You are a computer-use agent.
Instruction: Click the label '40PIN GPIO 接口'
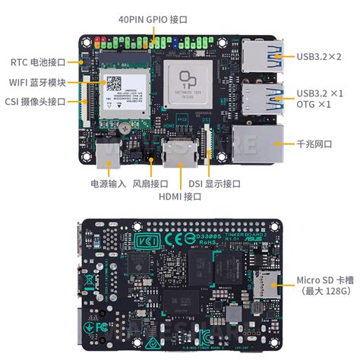[153, 18]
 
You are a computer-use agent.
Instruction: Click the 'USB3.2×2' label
[319, 56]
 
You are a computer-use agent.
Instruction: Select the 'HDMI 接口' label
[180, 197]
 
